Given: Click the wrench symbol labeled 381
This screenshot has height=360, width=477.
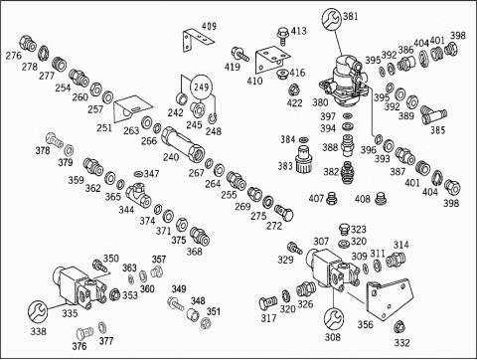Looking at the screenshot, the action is tap(331, 19).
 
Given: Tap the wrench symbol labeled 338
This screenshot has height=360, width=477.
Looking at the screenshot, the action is tap(38, 311).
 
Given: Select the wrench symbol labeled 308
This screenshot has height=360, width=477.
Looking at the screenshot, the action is tap(334, 318).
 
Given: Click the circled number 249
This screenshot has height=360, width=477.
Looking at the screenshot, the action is tap(201, 88).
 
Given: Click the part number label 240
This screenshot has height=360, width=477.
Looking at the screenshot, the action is tap(170, 157).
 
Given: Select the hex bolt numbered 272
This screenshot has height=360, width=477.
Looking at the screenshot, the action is tap(284, 213).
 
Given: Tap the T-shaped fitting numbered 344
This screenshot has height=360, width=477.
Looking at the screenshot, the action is tap(139, 194).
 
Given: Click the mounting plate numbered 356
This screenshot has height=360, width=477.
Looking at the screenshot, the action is tap(390, 299).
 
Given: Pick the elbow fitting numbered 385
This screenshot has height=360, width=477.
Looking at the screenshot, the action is tap(433, 115).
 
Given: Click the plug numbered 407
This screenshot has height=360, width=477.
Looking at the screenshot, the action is tap(331, 198).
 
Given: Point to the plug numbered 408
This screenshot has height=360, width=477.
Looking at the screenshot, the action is tap(382, 199).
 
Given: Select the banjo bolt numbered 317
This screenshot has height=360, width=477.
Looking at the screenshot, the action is tap(267, 302).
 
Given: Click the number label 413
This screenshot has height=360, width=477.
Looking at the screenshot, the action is tap(298, 31).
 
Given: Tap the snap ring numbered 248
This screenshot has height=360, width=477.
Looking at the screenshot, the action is tap(213, 118).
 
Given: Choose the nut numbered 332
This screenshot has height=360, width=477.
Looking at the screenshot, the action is tap(399, 326).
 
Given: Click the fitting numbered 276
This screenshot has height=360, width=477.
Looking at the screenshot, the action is tap(28, 44).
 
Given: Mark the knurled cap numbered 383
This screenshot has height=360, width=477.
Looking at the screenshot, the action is tap(304, 159).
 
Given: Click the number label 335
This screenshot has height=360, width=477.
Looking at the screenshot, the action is tap(70, 313).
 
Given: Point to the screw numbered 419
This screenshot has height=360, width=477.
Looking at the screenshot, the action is tap(240, 55).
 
